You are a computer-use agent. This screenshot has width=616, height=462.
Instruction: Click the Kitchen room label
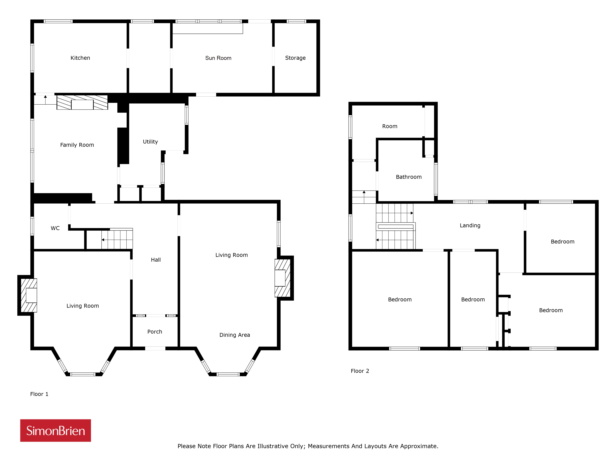(80, 58)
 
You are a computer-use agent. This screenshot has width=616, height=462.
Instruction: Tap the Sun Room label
(218, 58)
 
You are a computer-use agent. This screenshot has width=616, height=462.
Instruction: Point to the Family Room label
(77, 145)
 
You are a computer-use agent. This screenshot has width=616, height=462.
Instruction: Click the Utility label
(150, 142)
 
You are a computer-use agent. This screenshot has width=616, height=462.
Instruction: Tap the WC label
(55, 228)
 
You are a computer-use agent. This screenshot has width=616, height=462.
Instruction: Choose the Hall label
(156, 260)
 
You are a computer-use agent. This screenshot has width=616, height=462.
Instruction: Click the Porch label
(155, 332)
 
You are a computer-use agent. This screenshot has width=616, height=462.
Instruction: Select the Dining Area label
(235, 335)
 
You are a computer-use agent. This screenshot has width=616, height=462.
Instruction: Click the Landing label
(470, 226)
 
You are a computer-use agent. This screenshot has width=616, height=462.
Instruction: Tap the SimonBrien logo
(55, 431)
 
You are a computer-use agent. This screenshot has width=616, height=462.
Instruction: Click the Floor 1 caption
(39, 394)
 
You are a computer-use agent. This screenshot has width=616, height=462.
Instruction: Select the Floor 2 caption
(360, 371)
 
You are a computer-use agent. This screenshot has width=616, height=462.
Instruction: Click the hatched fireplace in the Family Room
(82, 102)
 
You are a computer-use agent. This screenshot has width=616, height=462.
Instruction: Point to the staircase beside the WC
(117, 239)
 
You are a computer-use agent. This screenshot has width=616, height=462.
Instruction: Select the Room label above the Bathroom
(390, 126)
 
